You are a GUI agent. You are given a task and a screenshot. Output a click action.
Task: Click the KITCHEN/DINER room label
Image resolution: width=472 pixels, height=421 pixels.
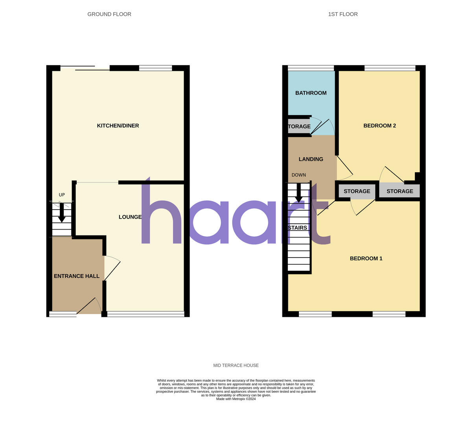118,126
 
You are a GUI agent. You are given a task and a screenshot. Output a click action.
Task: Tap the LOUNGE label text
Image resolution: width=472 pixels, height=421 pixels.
130,217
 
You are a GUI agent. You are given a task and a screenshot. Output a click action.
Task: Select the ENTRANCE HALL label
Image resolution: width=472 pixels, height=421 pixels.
77,276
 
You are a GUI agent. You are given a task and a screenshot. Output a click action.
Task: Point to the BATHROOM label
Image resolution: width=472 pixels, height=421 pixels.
311,93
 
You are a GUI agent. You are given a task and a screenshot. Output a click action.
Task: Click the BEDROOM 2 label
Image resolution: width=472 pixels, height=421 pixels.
380,126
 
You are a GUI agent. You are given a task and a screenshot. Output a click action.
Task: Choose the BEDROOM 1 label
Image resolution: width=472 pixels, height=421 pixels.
366,259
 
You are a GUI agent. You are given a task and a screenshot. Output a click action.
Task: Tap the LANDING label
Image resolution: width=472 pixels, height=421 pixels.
311,159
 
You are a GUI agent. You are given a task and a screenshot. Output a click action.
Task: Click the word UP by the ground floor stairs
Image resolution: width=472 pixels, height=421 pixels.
62,195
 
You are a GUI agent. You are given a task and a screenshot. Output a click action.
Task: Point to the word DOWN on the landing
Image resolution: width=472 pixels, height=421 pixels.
299,175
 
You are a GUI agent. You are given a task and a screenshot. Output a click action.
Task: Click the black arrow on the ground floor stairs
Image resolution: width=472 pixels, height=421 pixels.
62,213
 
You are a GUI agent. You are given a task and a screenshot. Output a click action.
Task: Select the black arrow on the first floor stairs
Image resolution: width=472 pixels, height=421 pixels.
299,193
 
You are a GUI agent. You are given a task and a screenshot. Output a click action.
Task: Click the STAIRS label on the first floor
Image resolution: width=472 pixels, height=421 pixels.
298,228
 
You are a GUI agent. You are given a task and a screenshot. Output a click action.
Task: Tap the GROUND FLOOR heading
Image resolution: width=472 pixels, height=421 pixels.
109,14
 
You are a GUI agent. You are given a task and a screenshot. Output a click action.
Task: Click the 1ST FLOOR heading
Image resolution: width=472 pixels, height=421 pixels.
343,14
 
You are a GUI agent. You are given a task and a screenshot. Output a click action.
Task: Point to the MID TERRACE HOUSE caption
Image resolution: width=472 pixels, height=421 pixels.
236,366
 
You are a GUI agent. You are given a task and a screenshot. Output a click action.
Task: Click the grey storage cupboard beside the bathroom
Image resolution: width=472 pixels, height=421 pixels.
299,127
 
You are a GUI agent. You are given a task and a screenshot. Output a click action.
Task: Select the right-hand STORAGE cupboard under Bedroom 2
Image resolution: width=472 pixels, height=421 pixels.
400,191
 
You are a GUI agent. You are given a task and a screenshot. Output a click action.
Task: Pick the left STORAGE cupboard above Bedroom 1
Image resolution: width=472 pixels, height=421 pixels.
357,191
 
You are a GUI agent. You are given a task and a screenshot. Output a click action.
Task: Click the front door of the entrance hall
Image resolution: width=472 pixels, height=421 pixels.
88,306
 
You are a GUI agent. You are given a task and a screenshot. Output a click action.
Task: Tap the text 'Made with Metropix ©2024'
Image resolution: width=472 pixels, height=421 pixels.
236,399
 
